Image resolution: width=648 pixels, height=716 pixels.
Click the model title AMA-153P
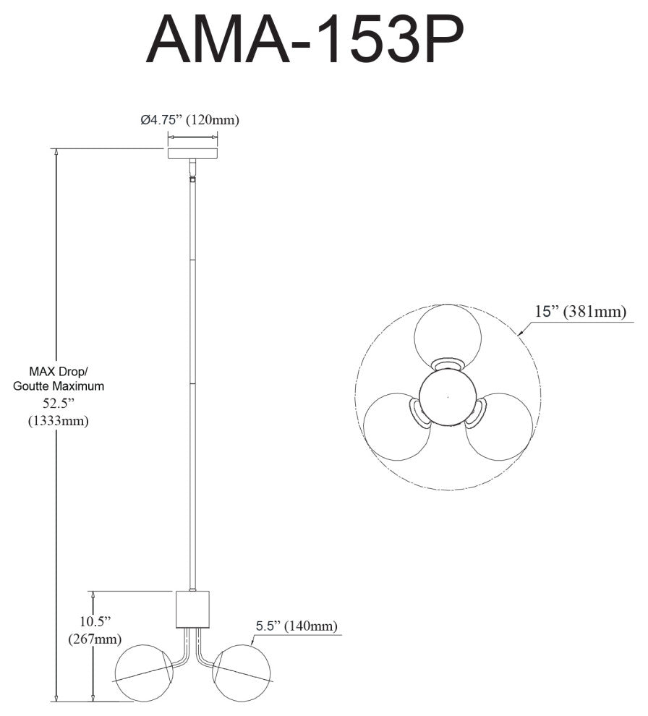304,40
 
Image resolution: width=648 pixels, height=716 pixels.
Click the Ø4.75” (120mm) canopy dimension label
190,120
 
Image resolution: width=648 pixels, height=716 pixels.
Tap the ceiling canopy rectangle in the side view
192,153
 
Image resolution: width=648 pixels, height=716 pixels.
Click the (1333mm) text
59,420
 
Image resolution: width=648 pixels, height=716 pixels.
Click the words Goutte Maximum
59,386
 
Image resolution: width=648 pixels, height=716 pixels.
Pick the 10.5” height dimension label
95,621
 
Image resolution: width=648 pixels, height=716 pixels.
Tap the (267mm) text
95,639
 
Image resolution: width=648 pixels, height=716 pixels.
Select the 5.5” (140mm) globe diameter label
297,626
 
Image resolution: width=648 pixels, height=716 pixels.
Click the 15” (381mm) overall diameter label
581,312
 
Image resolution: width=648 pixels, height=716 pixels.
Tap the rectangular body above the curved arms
192,609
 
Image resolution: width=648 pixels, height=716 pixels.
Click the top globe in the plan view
448,336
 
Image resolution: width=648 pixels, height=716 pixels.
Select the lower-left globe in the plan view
396,426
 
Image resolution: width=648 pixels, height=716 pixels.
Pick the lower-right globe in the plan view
499,426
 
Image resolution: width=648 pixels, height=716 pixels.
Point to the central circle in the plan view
448,397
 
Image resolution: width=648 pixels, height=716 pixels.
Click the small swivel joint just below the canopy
192,179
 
